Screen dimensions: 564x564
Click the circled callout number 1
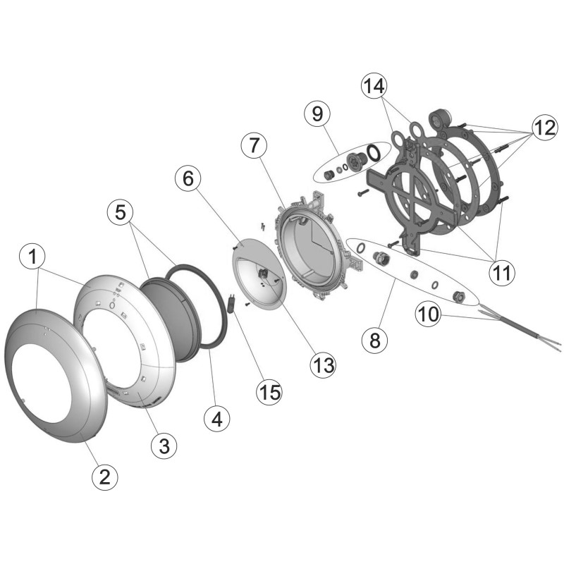32,257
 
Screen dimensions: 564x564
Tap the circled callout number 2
104,477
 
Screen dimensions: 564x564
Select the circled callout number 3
164,446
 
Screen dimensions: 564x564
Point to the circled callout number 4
217,419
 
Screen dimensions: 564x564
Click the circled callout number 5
121,213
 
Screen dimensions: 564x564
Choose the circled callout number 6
188,179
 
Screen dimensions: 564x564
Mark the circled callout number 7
255,145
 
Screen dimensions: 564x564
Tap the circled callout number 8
375,340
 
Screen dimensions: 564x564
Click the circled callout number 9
318,114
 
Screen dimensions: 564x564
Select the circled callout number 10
428,314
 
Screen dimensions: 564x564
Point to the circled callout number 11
502,273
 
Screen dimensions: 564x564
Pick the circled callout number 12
545,128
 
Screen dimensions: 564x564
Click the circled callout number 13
323,365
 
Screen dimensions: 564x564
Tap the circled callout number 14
374,86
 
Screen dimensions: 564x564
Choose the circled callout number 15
270,391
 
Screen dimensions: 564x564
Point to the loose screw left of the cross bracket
362,192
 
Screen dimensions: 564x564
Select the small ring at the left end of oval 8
361,248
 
